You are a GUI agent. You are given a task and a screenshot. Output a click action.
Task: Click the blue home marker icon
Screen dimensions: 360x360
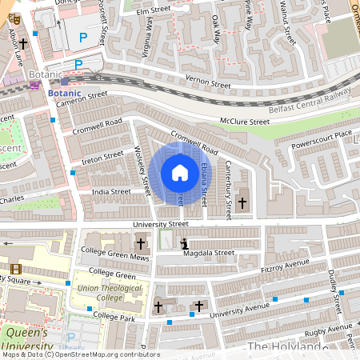click(179, 173)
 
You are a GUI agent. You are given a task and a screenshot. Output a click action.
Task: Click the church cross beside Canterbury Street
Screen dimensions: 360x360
click(242, 203)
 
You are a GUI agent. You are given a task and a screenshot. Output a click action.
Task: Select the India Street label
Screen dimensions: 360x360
click(110, 192)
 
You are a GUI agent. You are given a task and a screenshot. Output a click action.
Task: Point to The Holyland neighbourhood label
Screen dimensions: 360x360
click(284, 346)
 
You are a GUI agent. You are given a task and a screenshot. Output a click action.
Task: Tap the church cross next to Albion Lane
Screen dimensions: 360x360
click(24, 44)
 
